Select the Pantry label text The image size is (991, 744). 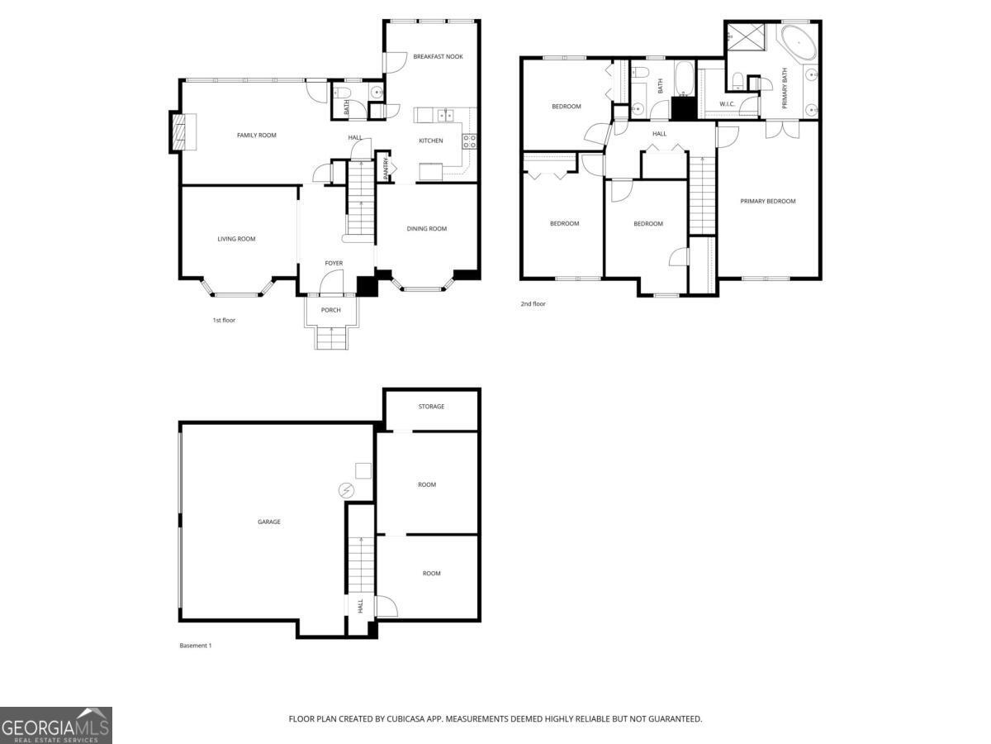coord(386,168)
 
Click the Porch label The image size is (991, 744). coord(331,310)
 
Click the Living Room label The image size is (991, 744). coord(236,239)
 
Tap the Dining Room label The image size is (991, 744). coord(427,229)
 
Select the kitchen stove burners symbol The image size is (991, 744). coord(470,141)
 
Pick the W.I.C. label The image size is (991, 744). coord(727,104)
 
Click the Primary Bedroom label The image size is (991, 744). coord(768,201)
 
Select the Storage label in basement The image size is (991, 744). coord(431,407)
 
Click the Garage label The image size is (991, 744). coord(269,522)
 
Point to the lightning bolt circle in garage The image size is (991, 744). coord(345,491)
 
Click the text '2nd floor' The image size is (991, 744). coord(533,304)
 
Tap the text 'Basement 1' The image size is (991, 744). coord(196,646)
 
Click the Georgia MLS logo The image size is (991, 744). coord(55,725)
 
